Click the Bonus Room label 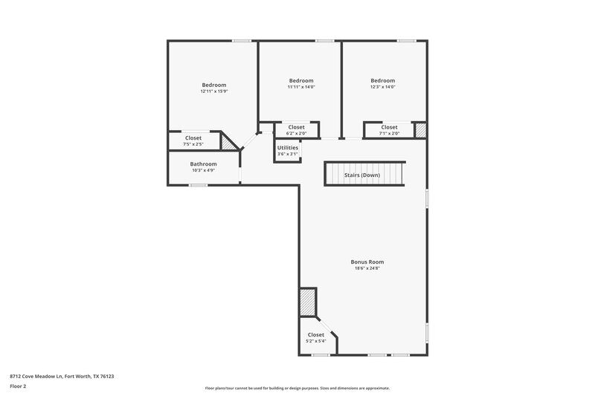(x=367, y=262)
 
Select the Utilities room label (x=287, y=148)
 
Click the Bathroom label (x=203, y=164)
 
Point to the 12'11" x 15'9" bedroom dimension (x=213, y=91)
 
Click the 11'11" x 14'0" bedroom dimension (x=300, y=87)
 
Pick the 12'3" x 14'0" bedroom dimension (x=382, y=87)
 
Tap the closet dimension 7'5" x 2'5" (x=193, y=144)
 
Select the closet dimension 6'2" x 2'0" (x=296, y=134)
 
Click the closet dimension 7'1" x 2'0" (x=389, y=134)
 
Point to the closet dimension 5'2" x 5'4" (x=315, y=341)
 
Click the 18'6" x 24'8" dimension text (x=367, y=268)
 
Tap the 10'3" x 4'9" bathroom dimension (x=203, y=171)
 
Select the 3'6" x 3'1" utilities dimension (x=287, y=155)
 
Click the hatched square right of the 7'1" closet (x=420, y=130)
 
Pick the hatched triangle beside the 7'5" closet (x=232, y=143)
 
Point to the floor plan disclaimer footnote (x=297, y=388)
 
